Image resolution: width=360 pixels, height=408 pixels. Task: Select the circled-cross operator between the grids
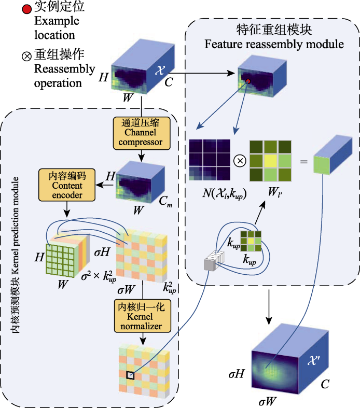tap(240, 160)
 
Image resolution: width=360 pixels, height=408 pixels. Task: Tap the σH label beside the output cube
tap(237, 374)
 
